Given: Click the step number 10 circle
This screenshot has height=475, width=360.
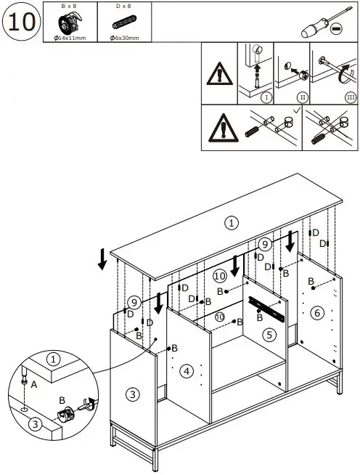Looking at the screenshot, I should [x=22, y=21].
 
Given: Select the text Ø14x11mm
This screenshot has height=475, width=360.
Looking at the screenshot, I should [x=70, y=37].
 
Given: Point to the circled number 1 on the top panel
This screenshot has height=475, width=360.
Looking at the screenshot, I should [x=231, y=223].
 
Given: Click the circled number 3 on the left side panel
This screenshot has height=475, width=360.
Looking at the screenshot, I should [x=132, y=394].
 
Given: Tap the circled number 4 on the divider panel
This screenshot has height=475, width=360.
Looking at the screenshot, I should [x=187, y=371].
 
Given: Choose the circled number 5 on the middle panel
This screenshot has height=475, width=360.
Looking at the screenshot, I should [x=269, y=335].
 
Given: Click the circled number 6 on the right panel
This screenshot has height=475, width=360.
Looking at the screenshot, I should [x=316, y=312].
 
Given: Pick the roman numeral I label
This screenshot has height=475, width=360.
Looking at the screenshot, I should [x=266, y=97].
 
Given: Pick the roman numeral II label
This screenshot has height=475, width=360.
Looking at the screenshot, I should [x=302, y=97].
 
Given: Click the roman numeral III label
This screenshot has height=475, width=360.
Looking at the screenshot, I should [x=351, y=97].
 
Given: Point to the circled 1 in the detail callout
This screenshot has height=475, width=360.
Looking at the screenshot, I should [x=52, y=359].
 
